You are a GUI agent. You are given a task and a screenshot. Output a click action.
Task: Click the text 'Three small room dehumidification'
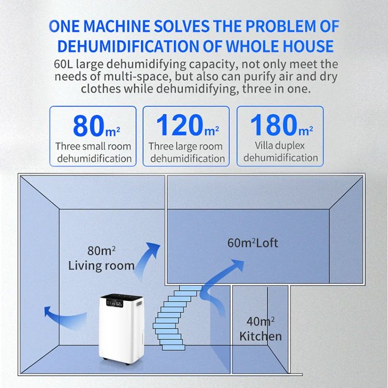(x=94, y=152)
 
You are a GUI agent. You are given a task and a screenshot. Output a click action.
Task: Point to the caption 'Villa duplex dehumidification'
(x=280, y=152)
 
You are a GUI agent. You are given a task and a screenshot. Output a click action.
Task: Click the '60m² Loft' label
(x=252, y=243)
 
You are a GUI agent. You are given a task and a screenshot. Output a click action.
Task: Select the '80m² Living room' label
(x=101, y=259)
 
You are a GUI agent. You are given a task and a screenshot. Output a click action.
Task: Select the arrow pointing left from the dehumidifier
(x=57, y=313)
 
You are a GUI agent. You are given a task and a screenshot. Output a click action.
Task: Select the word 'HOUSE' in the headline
(x=305, y=46)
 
